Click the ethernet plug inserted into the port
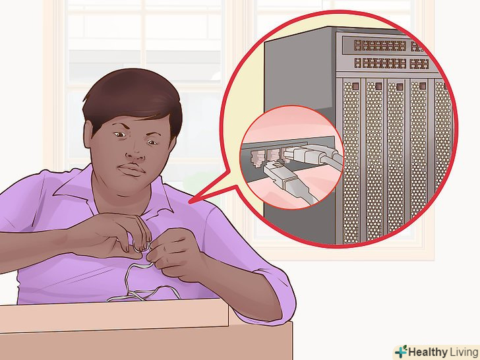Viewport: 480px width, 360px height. pyautogui.click(x=299, y=154)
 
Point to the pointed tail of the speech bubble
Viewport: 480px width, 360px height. pyautogui.click(x=189, y=202)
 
